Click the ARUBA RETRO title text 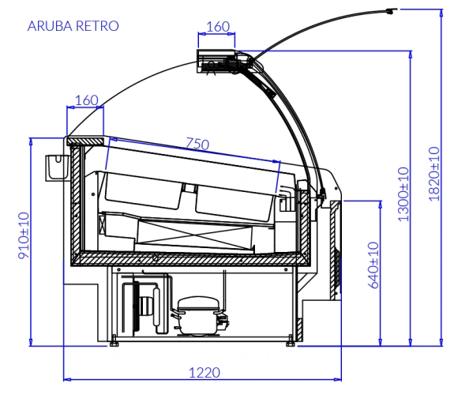pos(73,26)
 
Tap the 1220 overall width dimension pos(204,372)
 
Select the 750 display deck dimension pos(197,144)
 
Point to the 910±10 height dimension pos(24,235)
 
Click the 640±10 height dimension pos(373,265)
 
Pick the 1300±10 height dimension pos(403,194)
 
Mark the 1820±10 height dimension pos(434,174)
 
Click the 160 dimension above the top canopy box pos(218,27)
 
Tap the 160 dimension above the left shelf pos(87,100)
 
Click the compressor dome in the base pos(199,303)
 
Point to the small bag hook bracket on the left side pos(57,168)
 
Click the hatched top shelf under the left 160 pos(85,141)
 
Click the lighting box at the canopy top pos(216,61)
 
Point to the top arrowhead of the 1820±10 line pos(441,13)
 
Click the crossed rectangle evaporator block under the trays pos(194,235)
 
